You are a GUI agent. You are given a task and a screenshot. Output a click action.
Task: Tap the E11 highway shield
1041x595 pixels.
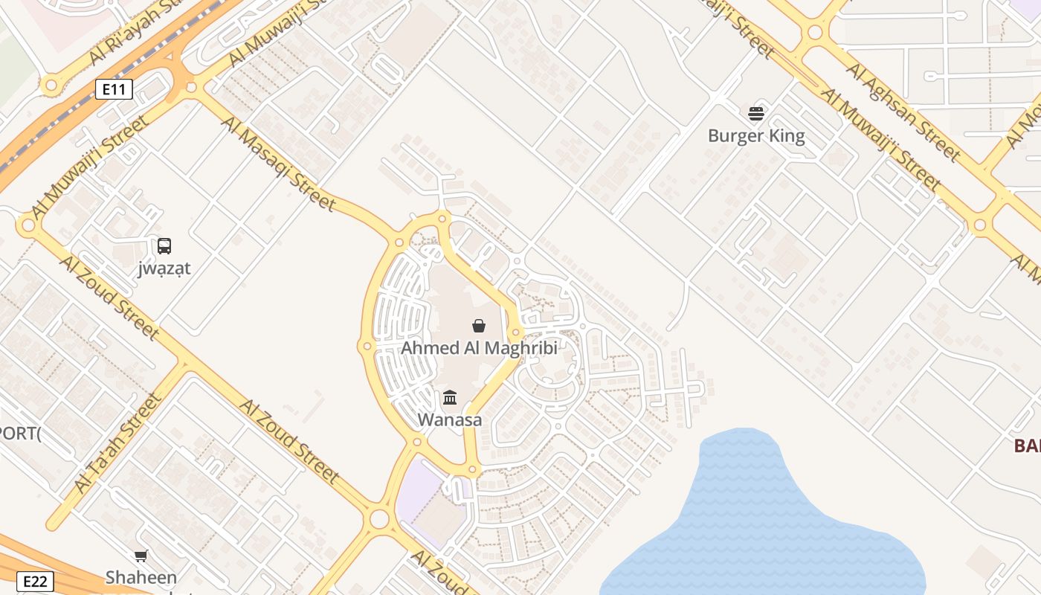pyautogui.click(x=114, y=90)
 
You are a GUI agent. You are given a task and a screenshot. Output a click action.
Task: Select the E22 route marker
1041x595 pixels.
pyautogui.click(x=36, y=581)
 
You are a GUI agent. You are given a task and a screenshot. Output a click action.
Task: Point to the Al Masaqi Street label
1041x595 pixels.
pyautogui.click(x=279, y=164)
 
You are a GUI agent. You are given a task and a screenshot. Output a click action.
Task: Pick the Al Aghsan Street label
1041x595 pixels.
pyautogui.click(x=903, y=112)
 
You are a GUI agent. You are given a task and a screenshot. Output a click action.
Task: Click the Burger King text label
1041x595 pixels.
pyautogui.click(x=756, y=135)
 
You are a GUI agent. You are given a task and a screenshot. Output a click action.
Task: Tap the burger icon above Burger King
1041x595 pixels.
pyautogui.click(x=756, y=114)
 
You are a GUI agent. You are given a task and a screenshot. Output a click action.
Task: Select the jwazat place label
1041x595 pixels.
pyautogui.click(x=164, y=268)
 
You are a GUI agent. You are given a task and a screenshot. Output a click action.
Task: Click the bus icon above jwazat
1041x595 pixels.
pyautogui.click(x=164, y=245)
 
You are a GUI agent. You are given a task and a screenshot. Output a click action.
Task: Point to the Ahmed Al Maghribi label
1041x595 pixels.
pyautogui.click(x=479, y=347)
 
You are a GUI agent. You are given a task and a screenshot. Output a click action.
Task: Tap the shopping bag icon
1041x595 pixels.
pyautogui.click(x=479, y=326)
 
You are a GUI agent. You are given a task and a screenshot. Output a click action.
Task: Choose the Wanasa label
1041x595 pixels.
pyautogui.click(x=449, y=419)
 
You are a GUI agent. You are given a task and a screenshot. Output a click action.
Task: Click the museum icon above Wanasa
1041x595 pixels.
pyautogui.click(x=450, y=398)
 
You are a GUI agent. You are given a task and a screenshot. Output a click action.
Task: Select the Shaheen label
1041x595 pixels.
pyautogui.click(x=141, y=577)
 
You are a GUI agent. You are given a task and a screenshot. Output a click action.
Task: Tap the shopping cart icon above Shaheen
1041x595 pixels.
pyautogui.click(x=141, y=556)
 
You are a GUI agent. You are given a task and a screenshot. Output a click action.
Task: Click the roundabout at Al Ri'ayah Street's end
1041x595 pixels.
pyautogui.click(x=51, y=85)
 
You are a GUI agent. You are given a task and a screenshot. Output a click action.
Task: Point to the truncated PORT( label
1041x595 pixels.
pyautogui.click(x=19, y=433)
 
